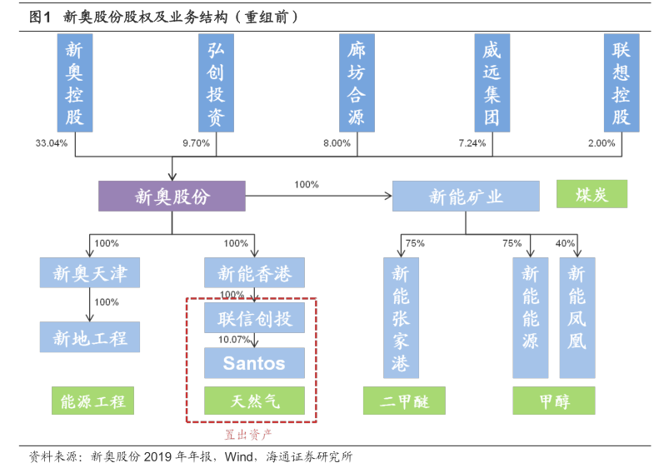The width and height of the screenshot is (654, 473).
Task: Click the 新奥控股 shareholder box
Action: pyautogui.click(x=76, y=83)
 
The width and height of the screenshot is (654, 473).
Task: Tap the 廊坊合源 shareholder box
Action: pyautogui.click(x=356, y=83)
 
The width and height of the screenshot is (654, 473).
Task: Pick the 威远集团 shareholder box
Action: pyautogui.click(x=492, y=83)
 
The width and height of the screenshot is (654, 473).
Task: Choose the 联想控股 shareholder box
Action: pyautogui.click(x=621, y=83)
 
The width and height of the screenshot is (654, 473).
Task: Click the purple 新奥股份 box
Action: pyautogui.click(x=172, y=197)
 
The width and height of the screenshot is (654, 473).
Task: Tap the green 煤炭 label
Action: pyautogui.click(x=592, y=195)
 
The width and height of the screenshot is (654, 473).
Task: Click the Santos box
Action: pyautogui.click(x=254, y=363)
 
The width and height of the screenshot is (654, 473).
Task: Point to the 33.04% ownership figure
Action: pyautogui.click(x=51, y=143)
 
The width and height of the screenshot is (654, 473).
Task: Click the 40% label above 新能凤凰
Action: pyautogui.click(x=565, y=243)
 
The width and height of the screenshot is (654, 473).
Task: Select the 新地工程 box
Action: pyautogui.click(x=90, y=337)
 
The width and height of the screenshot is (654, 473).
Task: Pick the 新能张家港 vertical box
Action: pyautogui.click(x=401, y=318)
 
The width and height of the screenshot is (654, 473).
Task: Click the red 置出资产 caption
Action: pyautogui.click(x=249, y=434)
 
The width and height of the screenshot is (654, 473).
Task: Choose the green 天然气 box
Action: pyautogui.click(x=254, y=401)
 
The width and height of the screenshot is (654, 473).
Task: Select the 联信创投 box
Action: pyautogui.click(x=254, y=318)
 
